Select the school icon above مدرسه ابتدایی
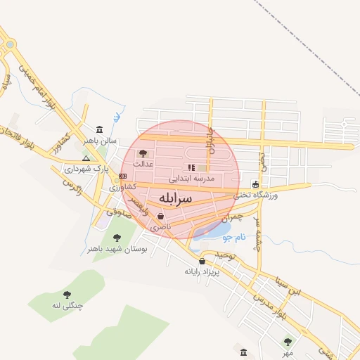pyautogui.click(x=191, y=167)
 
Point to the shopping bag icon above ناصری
pyautogui.click(x=162, y=217)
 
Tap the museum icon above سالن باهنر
pyautogui.click(x=99, y=130)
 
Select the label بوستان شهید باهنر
pyautogui.click(x=117, y=249)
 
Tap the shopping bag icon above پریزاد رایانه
pyautogui.click(x=202, y=261)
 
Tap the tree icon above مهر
pyautogui.click(x=288, y=342)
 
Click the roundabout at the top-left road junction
pyautogui.click(x=9, y=44)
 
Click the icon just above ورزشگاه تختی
pyautogui.click(x=255, y=185)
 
